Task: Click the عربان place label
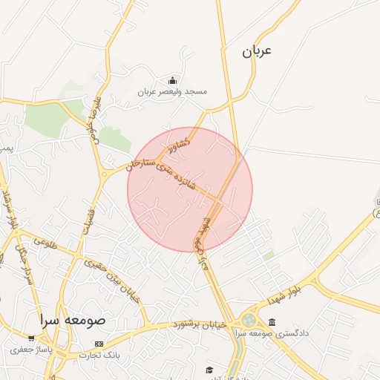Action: click(x=257, y=51)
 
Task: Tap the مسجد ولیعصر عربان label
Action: click(x=172, y=91)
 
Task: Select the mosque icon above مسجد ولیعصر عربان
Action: click(x=173, y=80)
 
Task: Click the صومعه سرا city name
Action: click(x=73, y=321)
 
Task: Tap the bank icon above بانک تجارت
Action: click(x=99, y=344)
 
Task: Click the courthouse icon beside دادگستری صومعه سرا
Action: click(x=272, y=323)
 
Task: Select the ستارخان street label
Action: click(x=141, y=163)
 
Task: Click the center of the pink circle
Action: click(x=190, y=189)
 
